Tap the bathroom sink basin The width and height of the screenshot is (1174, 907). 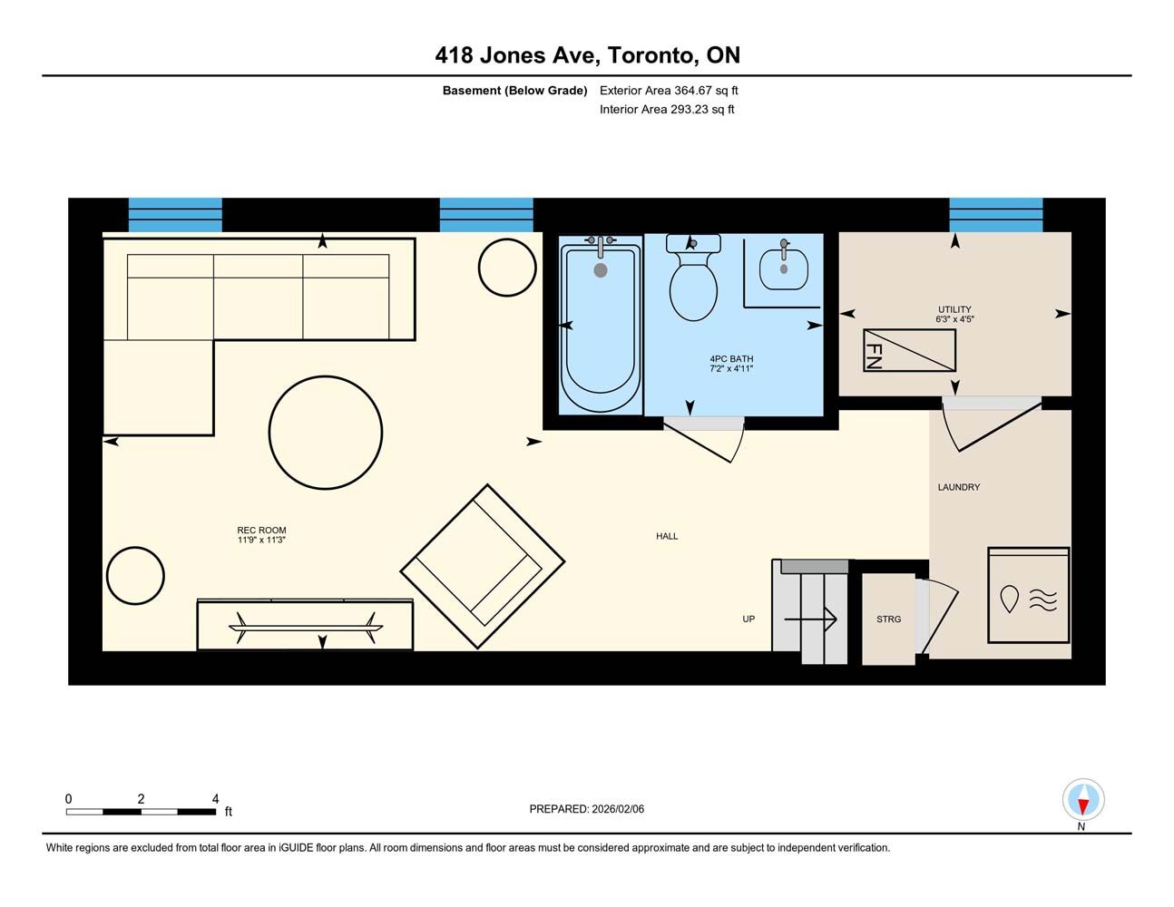click(783, 270)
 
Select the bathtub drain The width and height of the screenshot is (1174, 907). click(601, 270)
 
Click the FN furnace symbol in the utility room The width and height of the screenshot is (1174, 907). click(909, 350)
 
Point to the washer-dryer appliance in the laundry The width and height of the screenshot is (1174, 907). click(1028, 595)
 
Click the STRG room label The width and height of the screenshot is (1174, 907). click(889, 619)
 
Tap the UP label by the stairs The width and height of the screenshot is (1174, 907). click(748, 619)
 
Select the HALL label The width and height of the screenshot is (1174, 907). click(667, 536)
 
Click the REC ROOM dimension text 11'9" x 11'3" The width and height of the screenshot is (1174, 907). click(261, 540)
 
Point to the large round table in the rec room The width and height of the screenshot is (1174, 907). click(325, 433)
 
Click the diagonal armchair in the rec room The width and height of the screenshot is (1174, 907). click(483, 566)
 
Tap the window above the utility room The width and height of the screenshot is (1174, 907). click(995, 215)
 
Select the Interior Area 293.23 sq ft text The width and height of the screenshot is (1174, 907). click(667, 110)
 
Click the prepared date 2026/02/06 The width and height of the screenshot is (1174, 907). click(618, 809)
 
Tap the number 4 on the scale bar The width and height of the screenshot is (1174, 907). click(215, 798)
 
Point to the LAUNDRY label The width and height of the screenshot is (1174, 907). click(958, 487)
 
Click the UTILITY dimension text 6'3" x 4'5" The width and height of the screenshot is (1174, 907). click(954, 319)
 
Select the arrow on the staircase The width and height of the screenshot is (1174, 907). click(810, 619)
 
